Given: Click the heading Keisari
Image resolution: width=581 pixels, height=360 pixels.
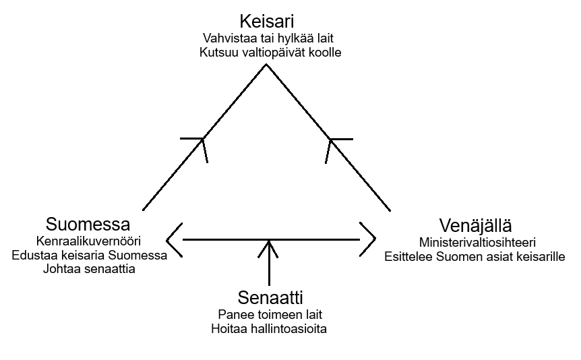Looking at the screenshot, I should pyautogui.click(x=270, y=20).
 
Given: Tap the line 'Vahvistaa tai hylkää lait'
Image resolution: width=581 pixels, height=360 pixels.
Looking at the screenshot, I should pyautogui.click(x=270, y=38).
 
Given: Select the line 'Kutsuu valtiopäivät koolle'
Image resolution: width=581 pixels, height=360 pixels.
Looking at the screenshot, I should pyautogui.click(x=270, y=53).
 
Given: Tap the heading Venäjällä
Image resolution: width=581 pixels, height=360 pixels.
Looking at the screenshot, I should pyautogui.click(x=475, y=225).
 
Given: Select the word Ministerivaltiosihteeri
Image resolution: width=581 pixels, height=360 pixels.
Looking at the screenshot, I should pyautogui.click(x=475, y=242).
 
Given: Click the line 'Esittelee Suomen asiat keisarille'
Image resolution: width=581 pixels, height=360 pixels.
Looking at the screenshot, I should pyautogui.click(x=475, y=256).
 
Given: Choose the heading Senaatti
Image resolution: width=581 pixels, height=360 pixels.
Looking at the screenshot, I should pyautogui.click(x=269, y=297).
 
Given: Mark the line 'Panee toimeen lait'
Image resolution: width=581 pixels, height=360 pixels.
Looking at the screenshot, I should pyautogui.click(x=269, y=314).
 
